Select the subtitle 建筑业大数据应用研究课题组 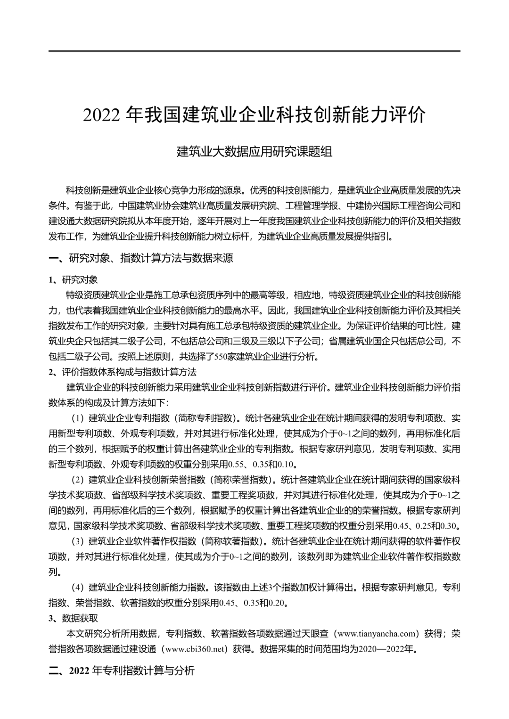pos(254,152)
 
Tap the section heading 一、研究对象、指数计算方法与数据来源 pos(141,258)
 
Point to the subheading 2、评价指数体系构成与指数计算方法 pos(123,372)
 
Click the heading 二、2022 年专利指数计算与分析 pos(122,671)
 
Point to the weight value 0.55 pos(236,465)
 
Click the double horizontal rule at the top pos(254,51)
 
